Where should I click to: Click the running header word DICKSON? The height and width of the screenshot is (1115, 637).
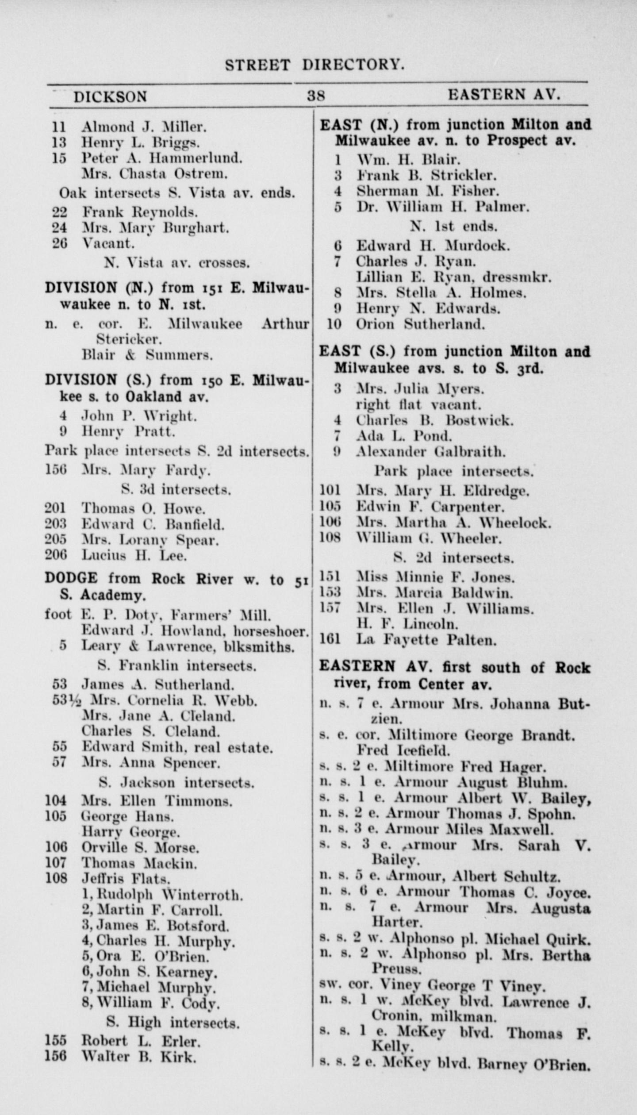[110, 97]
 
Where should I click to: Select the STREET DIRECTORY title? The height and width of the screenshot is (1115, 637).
[315, 65]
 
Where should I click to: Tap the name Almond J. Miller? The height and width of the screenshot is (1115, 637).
[144, 127]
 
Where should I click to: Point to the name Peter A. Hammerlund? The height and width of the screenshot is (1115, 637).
[162, 158]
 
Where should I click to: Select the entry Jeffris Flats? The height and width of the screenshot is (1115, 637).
[126, 878]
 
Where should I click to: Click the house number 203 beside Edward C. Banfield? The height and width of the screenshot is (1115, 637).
[55, 524]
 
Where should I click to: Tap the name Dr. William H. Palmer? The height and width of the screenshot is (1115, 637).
[443, 207]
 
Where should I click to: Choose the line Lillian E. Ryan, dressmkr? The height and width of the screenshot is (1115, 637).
[454, 277]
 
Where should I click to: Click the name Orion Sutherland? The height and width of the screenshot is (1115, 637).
[420, 324]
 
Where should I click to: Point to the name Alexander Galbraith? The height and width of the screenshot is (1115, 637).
[431, 452]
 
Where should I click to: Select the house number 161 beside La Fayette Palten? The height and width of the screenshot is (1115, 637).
[330, 640]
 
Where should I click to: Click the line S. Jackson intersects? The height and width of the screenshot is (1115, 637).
[177, 783]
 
